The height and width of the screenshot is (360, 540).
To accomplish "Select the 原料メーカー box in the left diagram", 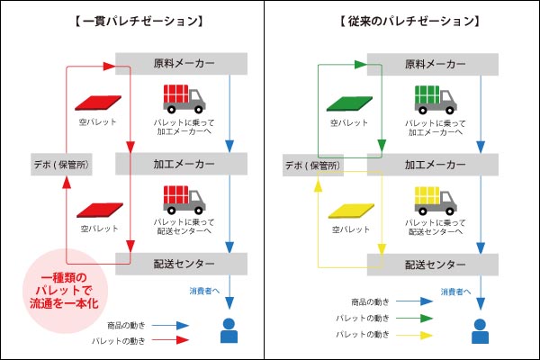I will (180, 65).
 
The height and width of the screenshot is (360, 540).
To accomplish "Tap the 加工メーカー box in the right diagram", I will (432, 165).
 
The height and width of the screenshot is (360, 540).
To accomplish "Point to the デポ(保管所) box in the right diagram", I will (313, 165).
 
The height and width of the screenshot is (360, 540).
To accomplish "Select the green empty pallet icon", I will (346, 103).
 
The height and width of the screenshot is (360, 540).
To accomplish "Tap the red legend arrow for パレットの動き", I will (168, 340).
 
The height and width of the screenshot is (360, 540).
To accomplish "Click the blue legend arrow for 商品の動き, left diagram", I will (168, 324).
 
